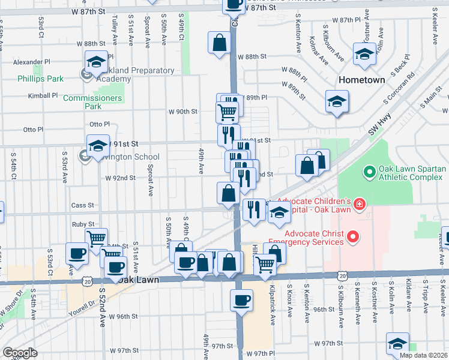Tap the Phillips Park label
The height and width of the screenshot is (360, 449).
[x=40, y=79]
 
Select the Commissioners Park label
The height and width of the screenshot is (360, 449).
[x=92, y=102]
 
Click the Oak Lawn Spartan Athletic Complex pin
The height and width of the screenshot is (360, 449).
[x=369, y=173]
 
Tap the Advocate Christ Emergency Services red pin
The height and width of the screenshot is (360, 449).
[x=353, y=238]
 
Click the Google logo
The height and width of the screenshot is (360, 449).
[x=20, y=353]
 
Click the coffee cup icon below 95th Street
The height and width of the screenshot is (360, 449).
[x=242, y=301]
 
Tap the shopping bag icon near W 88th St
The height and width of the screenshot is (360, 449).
[x=220, y=43]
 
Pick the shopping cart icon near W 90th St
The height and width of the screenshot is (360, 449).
[x=227, y=111]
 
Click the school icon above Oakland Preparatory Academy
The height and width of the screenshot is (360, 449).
[x=95, y=62]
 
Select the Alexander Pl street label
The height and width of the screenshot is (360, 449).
[x=32, y=62]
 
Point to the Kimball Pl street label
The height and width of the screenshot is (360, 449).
[x=43, y=95]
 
